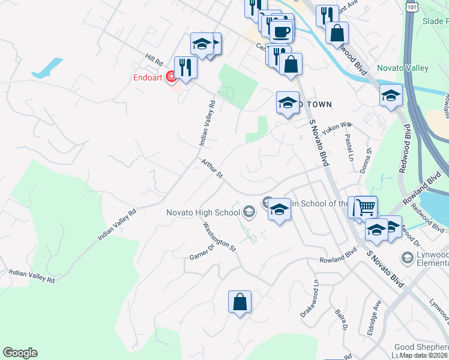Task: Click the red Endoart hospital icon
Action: [171, 76]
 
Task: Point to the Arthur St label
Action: [212, 169]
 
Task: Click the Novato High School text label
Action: [203, 212]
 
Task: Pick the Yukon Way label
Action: [336, 128]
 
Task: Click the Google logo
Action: [20, 353]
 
